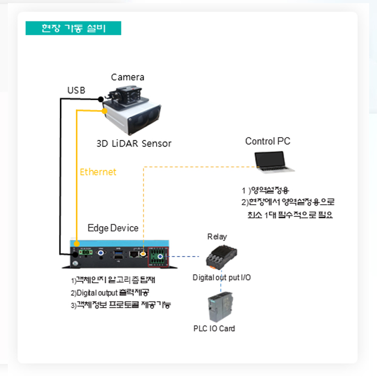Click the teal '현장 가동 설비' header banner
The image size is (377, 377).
73,28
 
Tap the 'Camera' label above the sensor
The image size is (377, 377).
127,77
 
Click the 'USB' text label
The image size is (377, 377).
76,91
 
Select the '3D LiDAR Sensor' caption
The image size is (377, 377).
134,143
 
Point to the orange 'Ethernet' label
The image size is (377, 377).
98,172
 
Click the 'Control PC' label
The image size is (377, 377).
268,141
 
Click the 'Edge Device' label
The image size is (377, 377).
113,228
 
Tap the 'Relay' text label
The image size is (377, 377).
217,237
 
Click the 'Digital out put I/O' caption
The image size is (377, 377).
221,277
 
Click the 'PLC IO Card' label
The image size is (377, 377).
214,329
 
